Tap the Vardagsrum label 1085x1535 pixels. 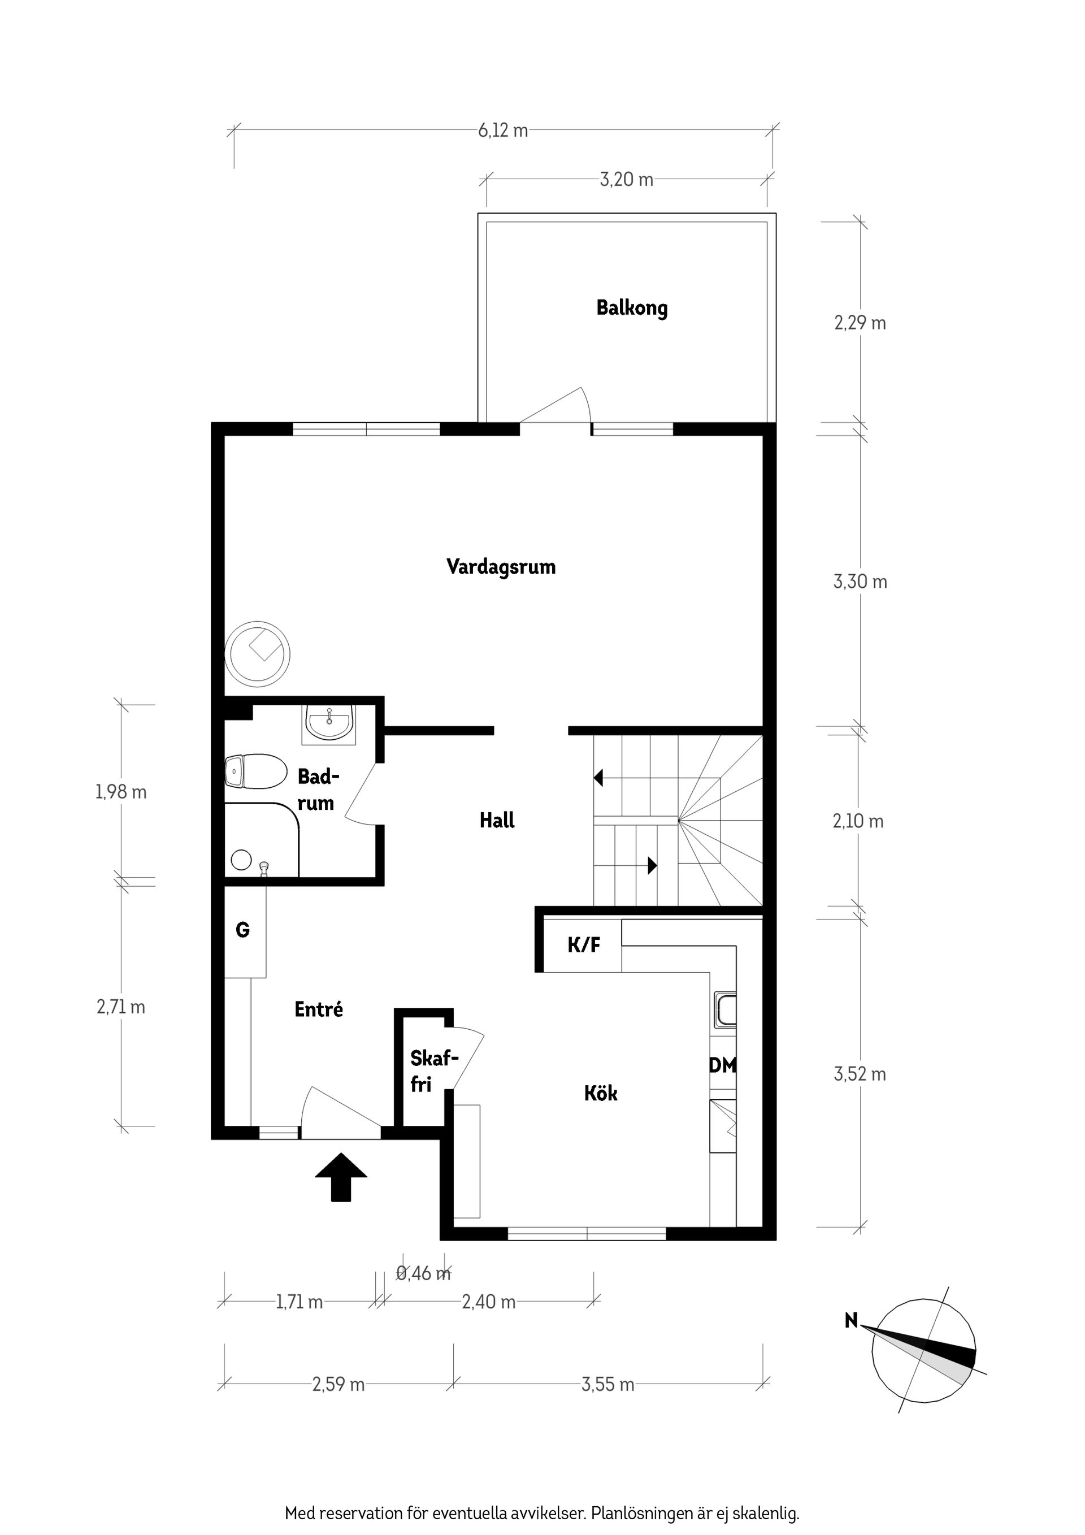(x=501, y=567)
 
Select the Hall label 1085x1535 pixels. (x=497, y=820)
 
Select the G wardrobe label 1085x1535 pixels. (x=242, y=930)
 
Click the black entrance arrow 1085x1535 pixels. (x=341, y=1177)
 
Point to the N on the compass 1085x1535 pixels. (x=851, y=1320)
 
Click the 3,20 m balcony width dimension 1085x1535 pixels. (x=626, y=180)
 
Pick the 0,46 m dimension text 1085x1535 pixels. (x=424, y=1273)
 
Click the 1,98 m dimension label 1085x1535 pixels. (x=121, y=792)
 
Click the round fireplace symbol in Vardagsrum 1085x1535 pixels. (x=257, y=653)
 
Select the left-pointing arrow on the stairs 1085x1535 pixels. (x=598, y=778)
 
